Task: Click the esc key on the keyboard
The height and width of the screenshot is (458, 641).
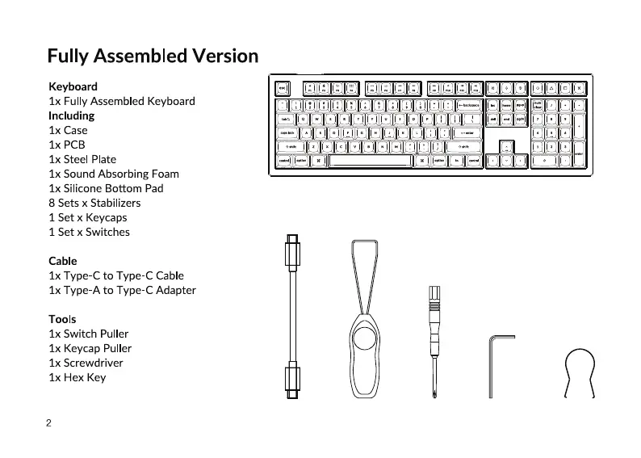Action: click(x=283, y=88)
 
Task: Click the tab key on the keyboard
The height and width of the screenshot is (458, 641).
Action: click(x=287, y=119)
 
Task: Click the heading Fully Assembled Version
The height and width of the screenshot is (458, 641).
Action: click(x=153, y=56)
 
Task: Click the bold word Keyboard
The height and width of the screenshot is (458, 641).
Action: click(x=73, y=86)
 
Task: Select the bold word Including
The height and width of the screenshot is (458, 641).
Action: click(x=71, y=116)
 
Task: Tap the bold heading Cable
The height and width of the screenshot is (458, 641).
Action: click(x=63, y=261)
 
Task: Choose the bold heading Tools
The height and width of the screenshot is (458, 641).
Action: click(x=62, y=319)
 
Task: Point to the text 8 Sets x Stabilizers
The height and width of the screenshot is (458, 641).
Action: click(x=94, y=203)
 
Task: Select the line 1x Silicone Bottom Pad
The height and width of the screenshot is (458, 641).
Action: click(x=106, y=188)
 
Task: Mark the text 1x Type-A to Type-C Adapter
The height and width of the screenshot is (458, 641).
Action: click(x=122, y=290)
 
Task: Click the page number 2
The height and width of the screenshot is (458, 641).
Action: click(x=48, y=423)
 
